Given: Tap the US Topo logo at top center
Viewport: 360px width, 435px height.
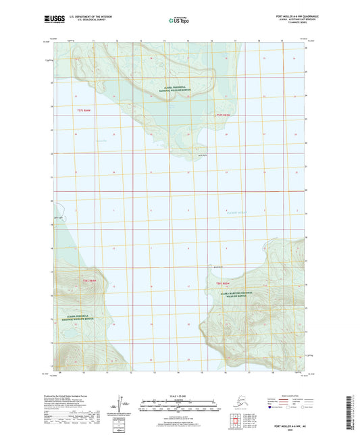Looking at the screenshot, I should click(x=179, y=21).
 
